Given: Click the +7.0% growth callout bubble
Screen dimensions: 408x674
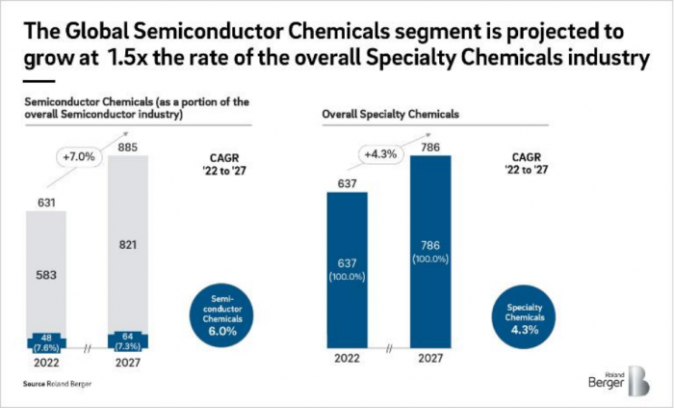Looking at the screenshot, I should tap(81, 154).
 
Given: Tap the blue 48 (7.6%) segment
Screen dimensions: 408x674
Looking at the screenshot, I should tap(47, 342).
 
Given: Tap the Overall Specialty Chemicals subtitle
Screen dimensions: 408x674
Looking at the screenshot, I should tap(376, 114).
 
